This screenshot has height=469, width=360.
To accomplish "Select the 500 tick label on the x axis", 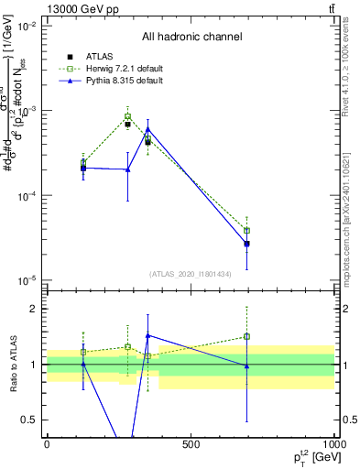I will click(x=191, y=445).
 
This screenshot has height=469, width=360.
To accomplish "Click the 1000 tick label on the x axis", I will click(x=333, y=445).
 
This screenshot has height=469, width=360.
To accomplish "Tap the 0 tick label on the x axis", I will click(x=47, y=445).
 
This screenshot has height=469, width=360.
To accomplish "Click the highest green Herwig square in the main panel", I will click(x=128, y=117).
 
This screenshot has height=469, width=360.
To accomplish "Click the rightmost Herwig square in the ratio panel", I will click(x=246, y=336).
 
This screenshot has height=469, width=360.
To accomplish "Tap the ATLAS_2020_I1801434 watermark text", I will click(x=191, y=273).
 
